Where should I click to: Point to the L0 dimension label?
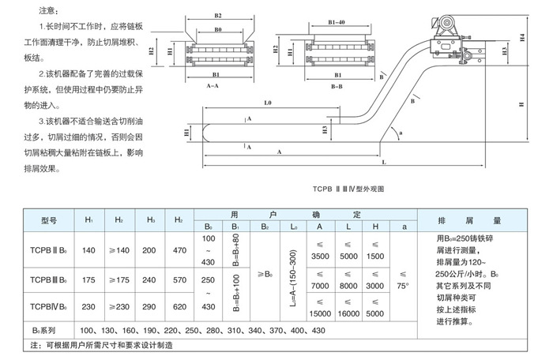(268, 103)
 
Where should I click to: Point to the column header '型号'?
(50, 220)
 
